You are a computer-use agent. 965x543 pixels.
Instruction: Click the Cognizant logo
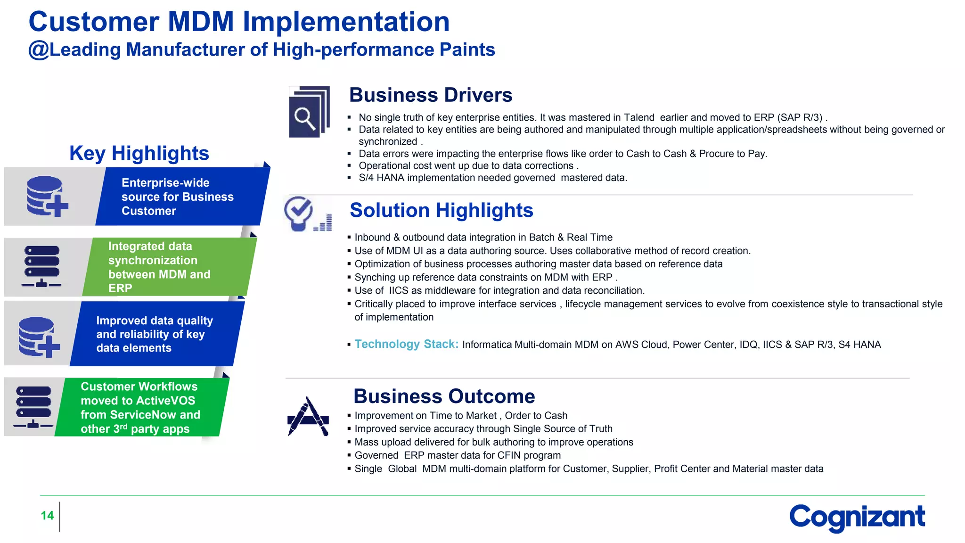click(857, 517)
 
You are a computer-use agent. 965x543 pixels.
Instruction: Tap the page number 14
click(47, 516)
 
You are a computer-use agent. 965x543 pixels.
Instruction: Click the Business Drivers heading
click(430, 95)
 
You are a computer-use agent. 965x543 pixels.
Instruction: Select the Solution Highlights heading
click(441, 210)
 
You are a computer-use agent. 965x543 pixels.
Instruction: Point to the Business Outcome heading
click(444, 396)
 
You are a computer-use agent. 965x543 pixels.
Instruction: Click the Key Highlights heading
click(139, 153)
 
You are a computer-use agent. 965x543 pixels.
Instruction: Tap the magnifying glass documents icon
click(309, 112)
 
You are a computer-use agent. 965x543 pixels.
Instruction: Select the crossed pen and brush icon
click(308, 417)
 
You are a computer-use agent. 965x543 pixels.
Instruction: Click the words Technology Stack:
click(406, 344)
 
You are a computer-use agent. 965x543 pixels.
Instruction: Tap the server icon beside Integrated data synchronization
click(42, 266)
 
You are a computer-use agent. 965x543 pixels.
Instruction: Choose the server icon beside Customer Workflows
click(33, 407)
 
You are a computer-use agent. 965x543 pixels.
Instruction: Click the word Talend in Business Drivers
click(639, 117)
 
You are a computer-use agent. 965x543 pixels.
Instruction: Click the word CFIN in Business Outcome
click(509, 455)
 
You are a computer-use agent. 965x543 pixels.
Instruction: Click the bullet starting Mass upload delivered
click(494, 442)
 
